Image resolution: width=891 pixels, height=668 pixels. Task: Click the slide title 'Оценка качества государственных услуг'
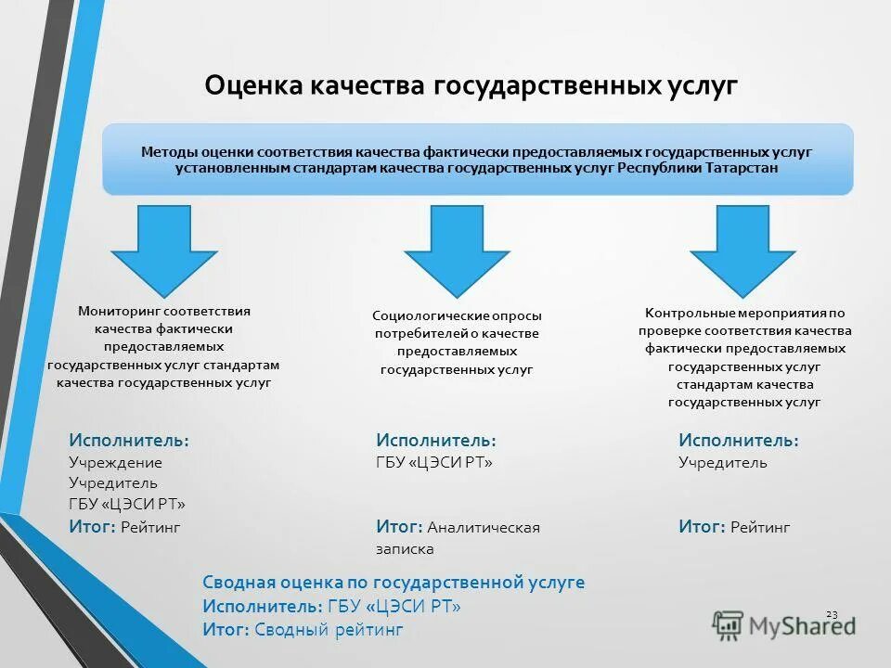click(471, 85)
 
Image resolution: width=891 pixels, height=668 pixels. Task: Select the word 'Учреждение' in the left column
click(115, 462)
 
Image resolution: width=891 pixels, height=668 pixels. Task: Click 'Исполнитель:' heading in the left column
click(129, 440)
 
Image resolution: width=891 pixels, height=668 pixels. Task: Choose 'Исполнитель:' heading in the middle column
click(435, 440)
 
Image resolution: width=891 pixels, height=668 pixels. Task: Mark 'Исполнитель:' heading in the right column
click(738, 440)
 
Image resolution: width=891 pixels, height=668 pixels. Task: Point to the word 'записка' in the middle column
click(405, 548)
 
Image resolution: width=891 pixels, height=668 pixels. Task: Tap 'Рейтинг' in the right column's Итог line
click(760, 527)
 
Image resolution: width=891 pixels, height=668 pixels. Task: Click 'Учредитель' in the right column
click(723, 462)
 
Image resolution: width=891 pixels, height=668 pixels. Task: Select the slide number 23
click(832, 614)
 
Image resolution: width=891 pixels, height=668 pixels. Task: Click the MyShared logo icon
click(728, 625)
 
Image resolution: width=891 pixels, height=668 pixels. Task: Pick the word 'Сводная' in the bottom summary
click(234, 583)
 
